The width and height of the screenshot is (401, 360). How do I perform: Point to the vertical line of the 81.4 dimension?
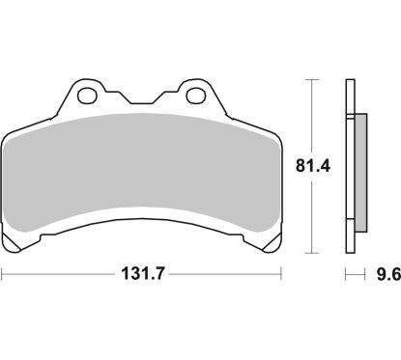(x=311, y=125)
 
